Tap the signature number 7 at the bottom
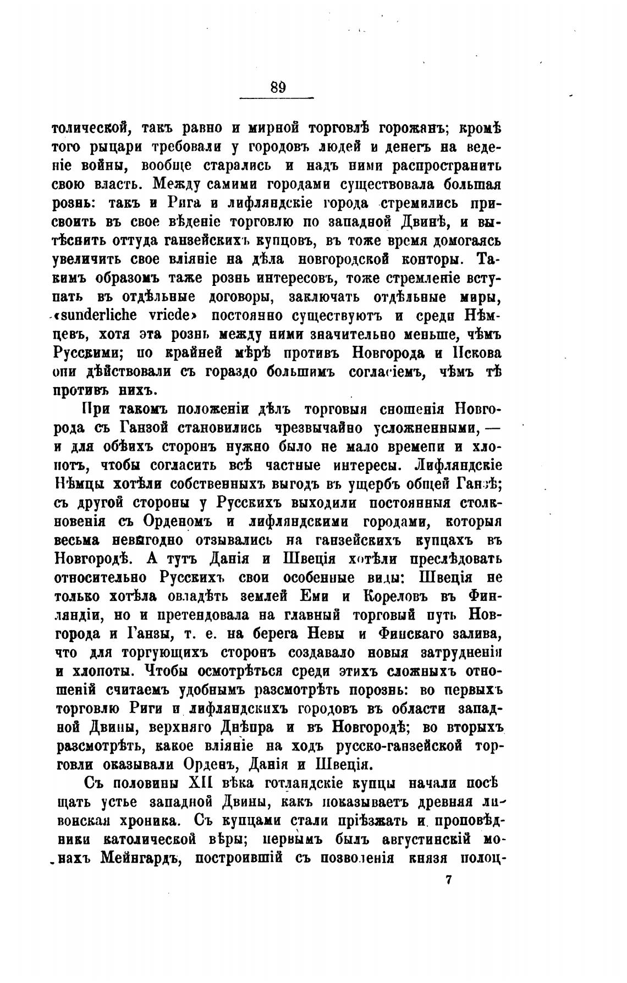(x=448, y=880)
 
